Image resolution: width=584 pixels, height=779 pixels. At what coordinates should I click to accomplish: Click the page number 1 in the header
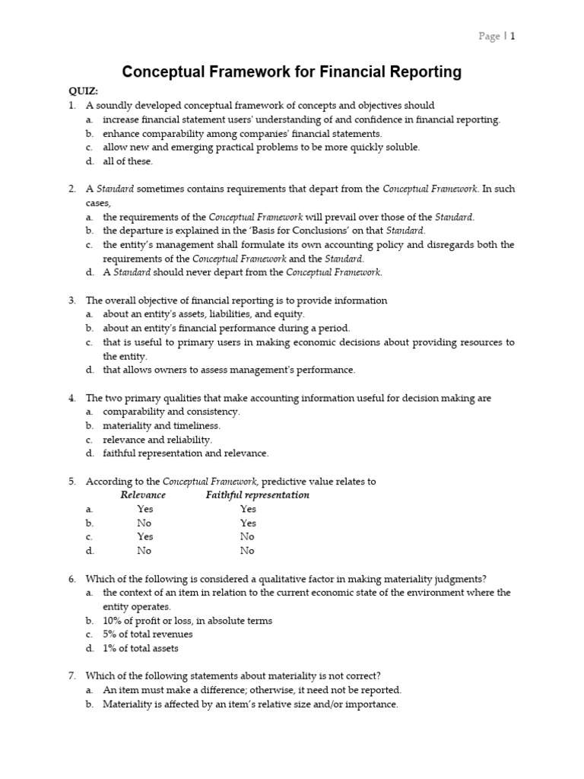[x=513, y=37]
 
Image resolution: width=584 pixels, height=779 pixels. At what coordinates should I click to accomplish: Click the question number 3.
[x=71, y=300]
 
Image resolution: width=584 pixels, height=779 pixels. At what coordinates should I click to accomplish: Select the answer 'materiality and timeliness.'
[x=161, y=426]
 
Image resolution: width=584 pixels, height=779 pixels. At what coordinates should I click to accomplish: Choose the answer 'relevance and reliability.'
[x=157, y=440]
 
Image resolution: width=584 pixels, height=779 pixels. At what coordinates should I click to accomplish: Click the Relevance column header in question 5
[x=143, y=495]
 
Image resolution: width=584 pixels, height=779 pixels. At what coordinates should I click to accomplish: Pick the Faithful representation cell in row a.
[x=248, y=509]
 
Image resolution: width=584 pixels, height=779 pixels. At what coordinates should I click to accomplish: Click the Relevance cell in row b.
[x=144, y=523]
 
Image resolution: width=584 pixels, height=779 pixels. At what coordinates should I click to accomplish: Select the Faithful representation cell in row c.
[x=247, y=537]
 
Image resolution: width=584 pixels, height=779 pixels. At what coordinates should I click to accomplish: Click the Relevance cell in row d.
[x=144, y=551]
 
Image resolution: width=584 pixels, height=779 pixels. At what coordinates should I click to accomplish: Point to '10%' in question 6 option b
[x=113, y=621]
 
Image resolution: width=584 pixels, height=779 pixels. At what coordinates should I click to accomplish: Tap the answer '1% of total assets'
[x=142, y=648]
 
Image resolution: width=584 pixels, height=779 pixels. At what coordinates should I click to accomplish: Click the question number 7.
[x=71, y=676]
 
